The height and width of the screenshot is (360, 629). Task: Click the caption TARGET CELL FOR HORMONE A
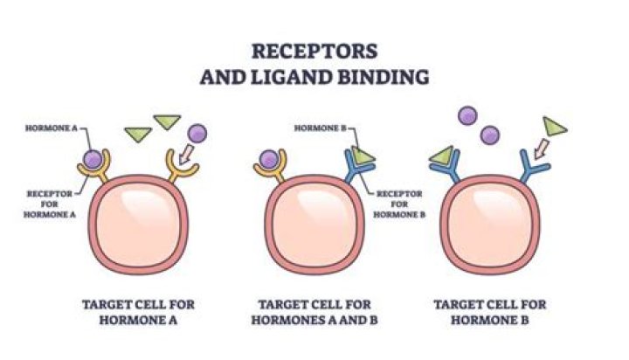138,312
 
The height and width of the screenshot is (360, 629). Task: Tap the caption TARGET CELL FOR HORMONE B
489,312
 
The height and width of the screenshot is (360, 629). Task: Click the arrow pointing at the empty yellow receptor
186,155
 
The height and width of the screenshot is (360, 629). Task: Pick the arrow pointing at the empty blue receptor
539,147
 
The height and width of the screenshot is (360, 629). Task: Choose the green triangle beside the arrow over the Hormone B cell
555,125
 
